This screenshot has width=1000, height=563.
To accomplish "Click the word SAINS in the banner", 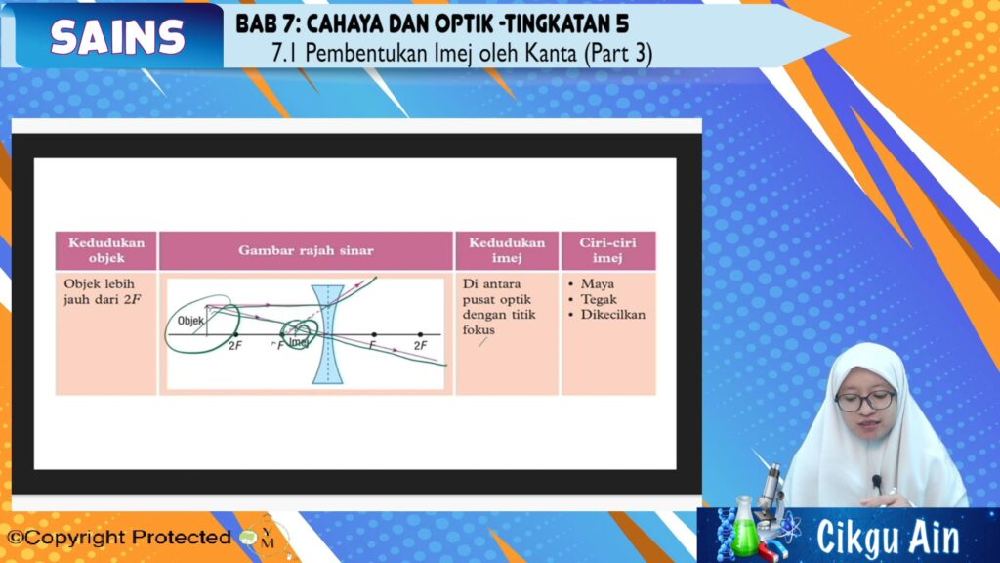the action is coord(118,36).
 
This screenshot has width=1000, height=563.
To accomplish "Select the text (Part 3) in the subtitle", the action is coord(618,53).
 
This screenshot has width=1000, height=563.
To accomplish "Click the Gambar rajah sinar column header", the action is coord(306,250).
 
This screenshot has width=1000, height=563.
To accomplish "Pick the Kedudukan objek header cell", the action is coord(105,250).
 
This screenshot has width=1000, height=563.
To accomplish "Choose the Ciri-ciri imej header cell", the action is coord(607,250).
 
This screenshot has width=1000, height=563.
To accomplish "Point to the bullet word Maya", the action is coord(597,283).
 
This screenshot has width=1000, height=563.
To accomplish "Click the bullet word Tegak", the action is coord(599,299).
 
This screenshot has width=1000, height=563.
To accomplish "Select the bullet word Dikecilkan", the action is coord(612,314).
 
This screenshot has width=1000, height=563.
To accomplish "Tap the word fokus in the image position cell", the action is coord(479,329).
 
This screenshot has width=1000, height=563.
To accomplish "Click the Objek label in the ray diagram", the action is coord(190,321).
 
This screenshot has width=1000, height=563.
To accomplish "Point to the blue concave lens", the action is coord(328,334).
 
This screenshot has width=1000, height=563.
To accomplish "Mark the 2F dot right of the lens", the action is coord(420,334).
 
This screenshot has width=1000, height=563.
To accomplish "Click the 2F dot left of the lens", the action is coord(236,334).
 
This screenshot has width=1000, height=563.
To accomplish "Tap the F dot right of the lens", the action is coord(374,334).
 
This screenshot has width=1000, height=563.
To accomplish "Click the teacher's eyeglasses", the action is coord(865,402).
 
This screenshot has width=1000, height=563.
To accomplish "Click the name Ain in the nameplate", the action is coord(934,539).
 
